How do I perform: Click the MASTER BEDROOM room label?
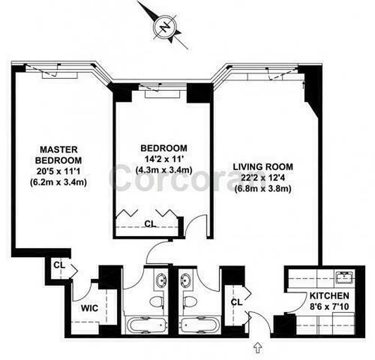coord(59,154)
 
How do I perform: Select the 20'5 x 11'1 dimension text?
coord(59,171)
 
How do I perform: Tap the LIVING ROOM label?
coord(263,166)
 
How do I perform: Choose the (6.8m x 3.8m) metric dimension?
coord(263,189)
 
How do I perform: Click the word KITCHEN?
coord(329,296)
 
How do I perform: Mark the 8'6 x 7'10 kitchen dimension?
coord(329,307)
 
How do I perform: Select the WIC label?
coord(89,309)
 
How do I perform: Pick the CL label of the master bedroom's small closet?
coord(59,265)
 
